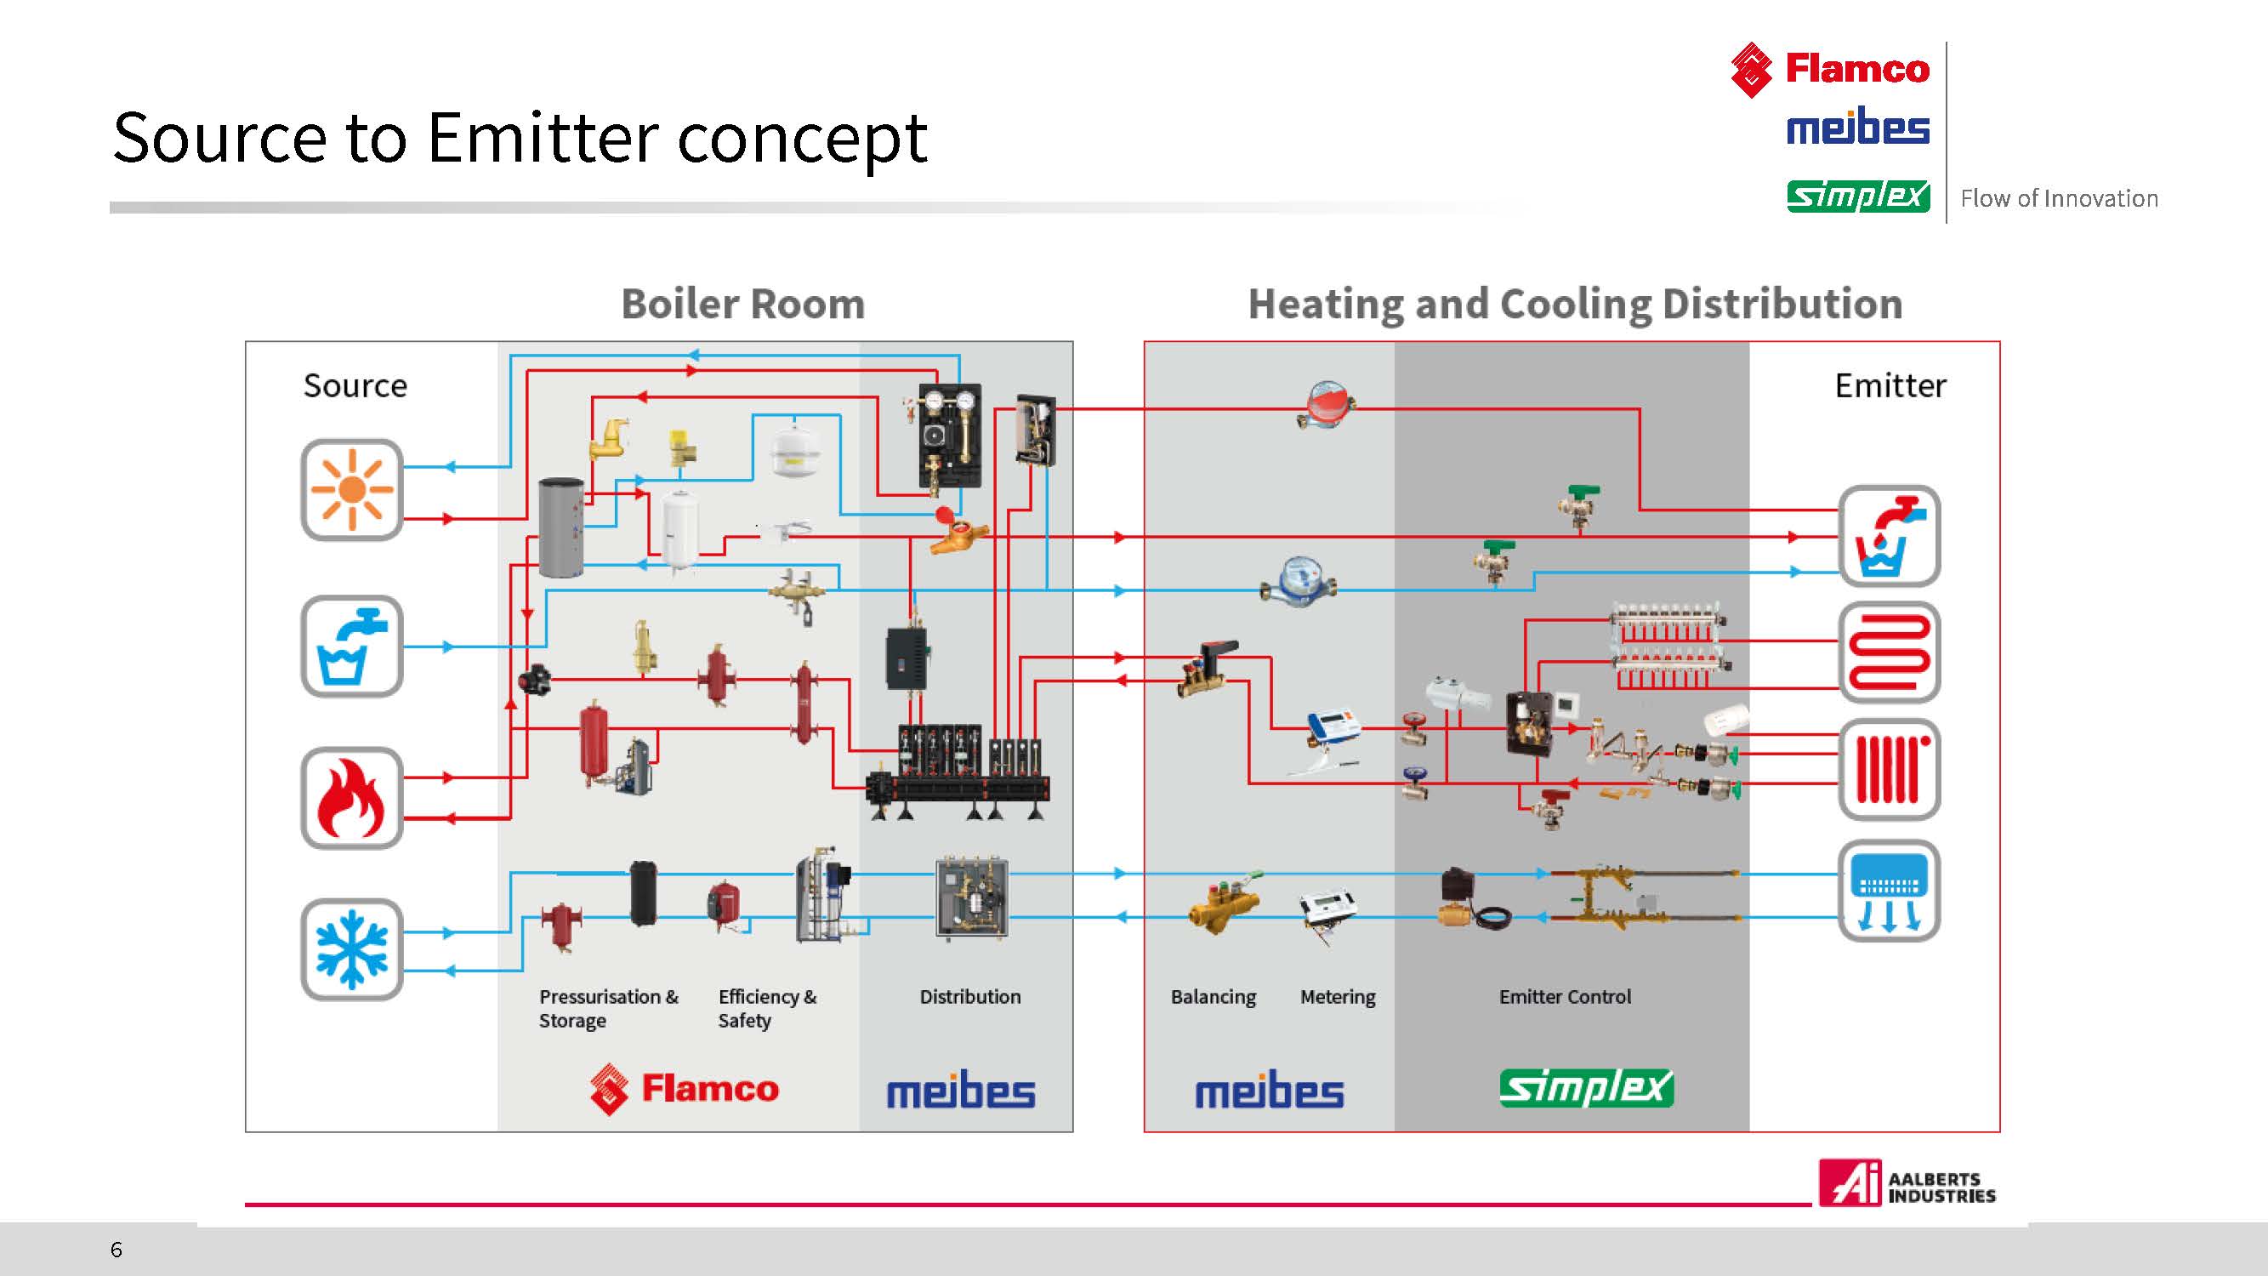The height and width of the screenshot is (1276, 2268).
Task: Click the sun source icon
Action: (352, 490)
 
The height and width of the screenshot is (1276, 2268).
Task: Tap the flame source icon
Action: (352, 798)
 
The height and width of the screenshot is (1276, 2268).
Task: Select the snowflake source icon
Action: (352, 949)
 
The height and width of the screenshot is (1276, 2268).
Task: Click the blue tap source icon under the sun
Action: (352, 647)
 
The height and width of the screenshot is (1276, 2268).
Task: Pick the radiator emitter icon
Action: (1890, 770)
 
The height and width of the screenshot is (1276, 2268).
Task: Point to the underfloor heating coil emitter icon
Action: (1890, 652)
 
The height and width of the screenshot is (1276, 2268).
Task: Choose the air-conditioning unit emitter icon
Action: (1890, 891)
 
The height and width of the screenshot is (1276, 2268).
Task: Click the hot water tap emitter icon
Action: (1890, 535)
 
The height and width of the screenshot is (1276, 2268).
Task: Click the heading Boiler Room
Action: (743, 304)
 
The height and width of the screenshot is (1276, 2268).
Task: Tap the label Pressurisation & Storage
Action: (608, 1008)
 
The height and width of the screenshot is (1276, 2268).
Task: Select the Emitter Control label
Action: (1565, 997)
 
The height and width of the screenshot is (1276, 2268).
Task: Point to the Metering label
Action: (1338, 998)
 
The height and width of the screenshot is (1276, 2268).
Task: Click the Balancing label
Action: (1214, 998)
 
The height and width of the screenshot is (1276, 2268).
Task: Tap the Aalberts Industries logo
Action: (1907, 1182)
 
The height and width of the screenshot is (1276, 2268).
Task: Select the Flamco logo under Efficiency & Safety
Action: (684, 1089)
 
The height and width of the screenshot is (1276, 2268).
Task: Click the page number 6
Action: (117, 1250)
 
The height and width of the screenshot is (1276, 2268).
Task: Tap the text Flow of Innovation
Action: (2059, 199)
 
